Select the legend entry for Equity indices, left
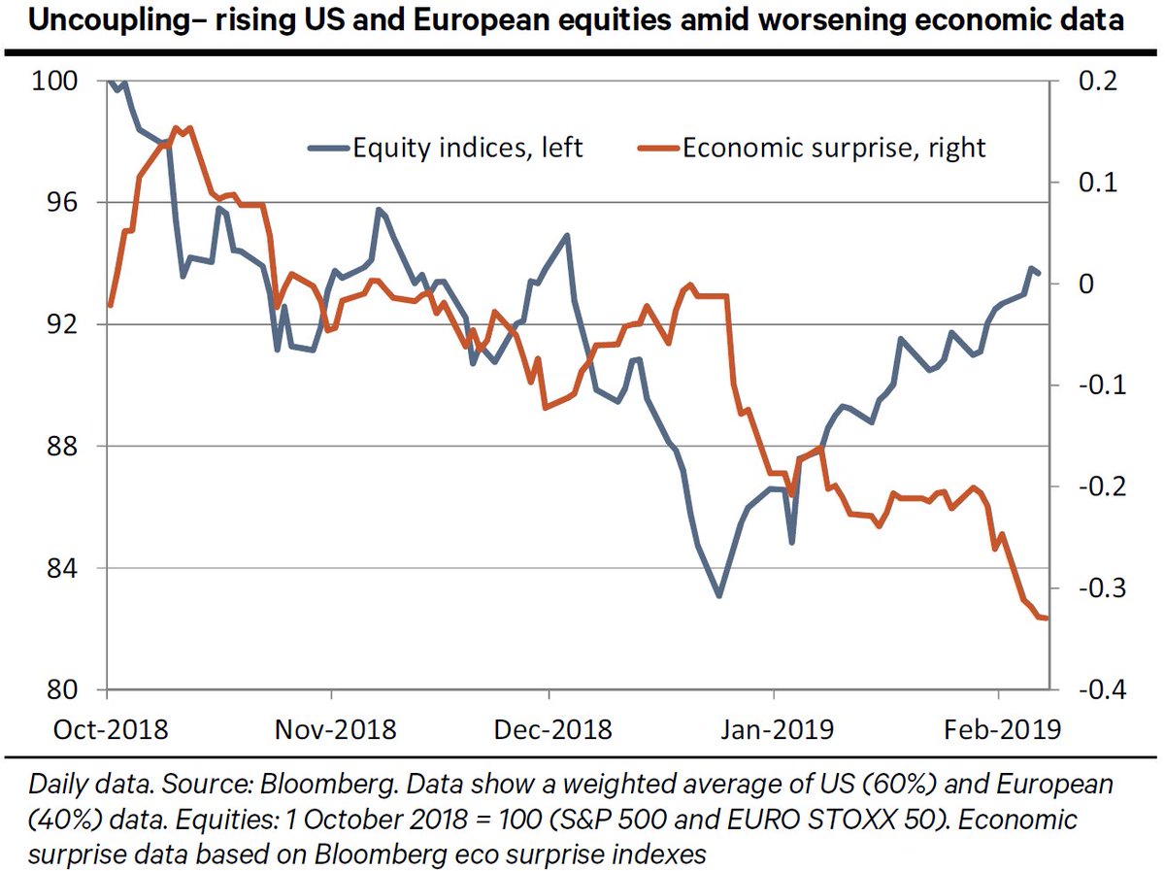447,148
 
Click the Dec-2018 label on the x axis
550,728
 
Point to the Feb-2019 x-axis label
999,728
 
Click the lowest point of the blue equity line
719,595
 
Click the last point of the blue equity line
1040,273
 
